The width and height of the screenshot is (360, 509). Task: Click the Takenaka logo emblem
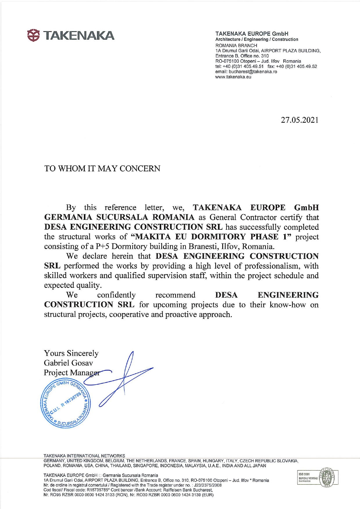coord(33,35)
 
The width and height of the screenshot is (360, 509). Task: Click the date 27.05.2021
coord(299,120)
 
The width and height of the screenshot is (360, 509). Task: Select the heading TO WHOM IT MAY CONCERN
coord(102,169)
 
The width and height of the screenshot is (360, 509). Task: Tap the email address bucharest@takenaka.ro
coord(253,72)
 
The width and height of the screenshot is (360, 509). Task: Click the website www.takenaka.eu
coord(233,77)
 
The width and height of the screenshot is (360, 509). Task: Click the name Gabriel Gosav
coord(69,363)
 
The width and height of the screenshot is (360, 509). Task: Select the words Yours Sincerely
coord(71,353)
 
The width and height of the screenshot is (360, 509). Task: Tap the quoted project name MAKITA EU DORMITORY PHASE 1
coord(211,237)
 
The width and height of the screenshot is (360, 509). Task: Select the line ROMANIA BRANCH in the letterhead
coord(236,46)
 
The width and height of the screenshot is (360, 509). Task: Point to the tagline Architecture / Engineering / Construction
coord(257,39)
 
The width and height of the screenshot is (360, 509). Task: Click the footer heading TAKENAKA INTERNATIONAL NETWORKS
coord(84,456)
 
